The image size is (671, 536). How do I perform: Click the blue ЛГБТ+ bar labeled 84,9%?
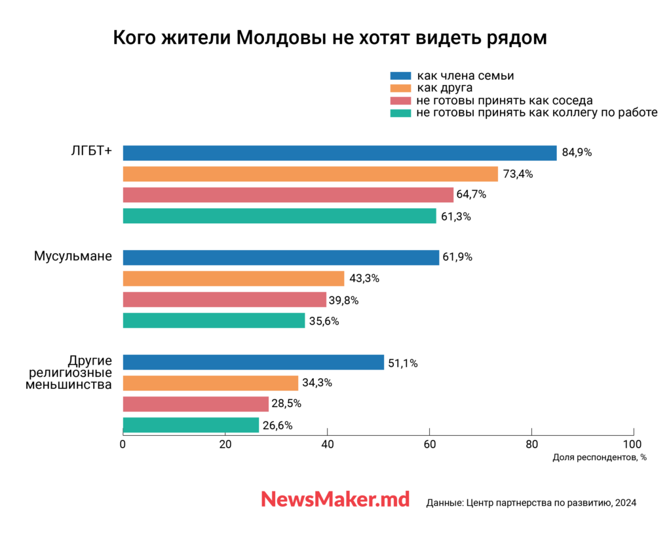click(x=339, y=153)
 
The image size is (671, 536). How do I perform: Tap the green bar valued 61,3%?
click(x=279, y=216)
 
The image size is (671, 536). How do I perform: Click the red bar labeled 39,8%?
click(x=224, y=300)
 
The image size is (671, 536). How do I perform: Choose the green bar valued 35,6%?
click(x=214, y=321)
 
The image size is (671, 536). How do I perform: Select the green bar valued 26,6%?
click(x=191, y=425)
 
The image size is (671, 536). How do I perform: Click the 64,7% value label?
click(x=471, y=195)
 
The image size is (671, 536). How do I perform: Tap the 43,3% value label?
click(x=364, y=278)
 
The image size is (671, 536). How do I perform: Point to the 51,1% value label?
click(x=402, y=363)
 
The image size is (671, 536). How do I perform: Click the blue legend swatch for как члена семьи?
click(x=400, y=76)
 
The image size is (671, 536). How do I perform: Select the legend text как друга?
click(x=444, y=88)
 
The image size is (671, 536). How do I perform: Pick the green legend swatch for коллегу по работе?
click(x=400, y=113)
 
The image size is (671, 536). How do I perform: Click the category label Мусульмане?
click(x=73, y=257)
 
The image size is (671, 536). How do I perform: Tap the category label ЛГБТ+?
click(x=91, y=151)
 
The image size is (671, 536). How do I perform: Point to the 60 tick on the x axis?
click(x=429, y=444)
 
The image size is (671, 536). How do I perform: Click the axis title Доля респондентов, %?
click(x=600, y=457)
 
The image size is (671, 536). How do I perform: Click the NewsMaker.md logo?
click(x=335, y=499)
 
